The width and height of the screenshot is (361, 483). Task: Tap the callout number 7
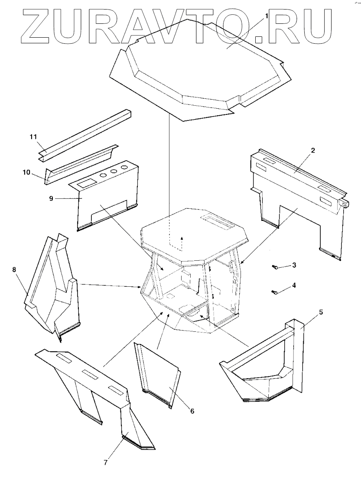point(105,462)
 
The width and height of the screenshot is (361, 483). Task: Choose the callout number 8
point(14,269)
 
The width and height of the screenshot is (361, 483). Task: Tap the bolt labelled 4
point(275,293)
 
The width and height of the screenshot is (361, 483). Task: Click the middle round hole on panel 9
point(114,172)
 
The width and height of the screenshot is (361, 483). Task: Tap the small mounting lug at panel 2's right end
point(345,202)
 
